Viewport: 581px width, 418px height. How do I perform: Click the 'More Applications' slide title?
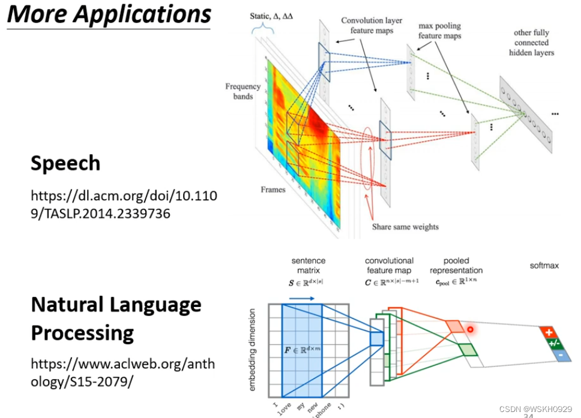tap(109, 14)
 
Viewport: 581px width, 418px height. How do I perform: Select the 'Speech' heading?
tap(65, 163)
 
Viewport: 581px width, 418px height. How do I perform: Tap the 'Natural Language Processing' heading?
tap(116, 318)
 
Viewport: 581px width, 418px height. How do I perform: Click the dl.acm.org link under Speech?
tap(124, 204)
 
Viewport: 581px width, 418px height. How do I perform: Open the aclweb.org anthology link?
tap(122, 373)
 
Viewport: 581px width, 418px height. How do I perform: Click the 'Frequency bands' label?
tap(242, 91)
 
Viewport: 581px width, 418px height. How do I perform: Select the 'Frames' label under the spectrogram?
tap(272, 190)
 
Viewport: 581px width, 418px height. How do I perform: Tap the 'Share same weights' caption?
tap(405, 227)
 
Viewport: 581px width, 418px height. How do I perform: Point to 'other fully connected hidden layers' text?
tap(531, 43)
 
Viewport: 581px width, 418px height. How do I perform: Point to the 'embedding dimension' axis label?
tap(253, 350)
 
